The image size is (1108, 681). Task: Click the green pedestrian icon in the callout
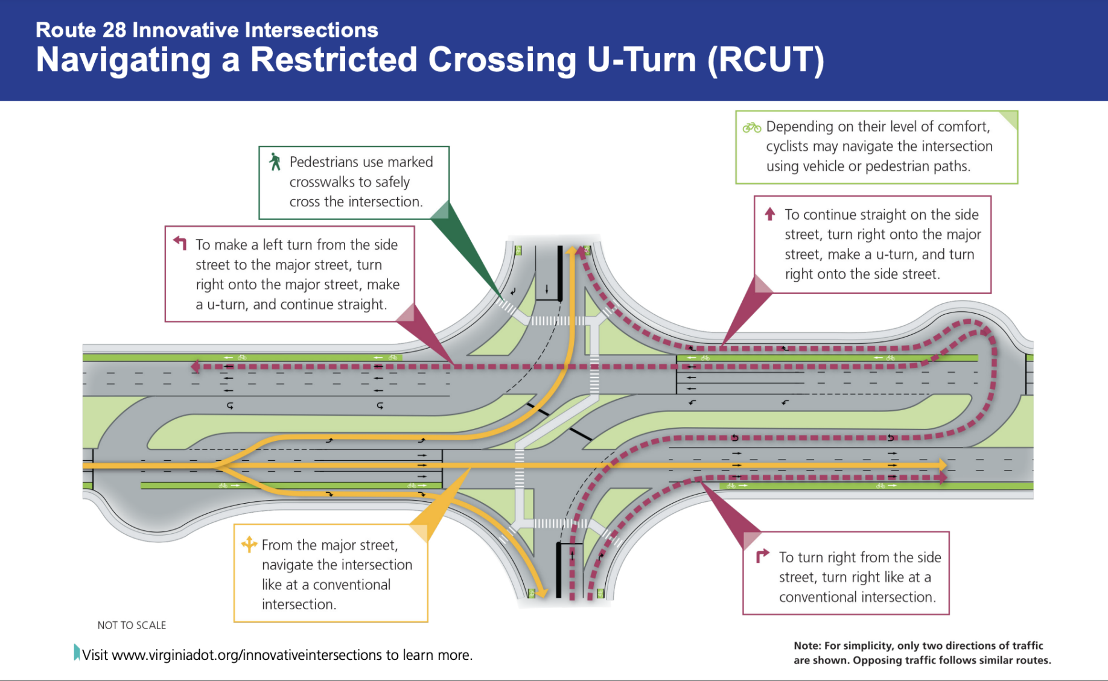[x=275, y=162]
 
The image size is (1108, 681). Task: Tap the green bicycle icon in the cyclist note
[x=751, y=127]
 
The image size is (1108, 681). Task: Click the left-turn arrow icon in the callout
[x=180, y=242]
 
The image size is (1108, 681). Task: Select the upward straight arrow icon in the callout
[x=769, y=214]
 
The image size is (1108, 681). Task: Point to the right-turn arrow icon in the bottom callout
[x=762, y=555]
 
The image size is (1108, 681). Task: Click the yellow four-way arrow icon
[x=249, y=544]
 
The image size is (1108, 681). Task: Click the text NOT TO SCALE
[x=132, y=626]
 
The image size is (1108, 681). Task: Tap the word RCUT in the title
[x=766, y=60]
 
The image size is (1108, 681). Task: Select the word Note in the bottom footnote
[x=807, y=645]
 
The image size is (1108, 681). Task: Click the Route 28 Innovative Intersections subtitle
[x=207, y=30]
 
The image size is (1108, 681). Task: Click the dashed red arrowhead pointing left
[x=196, y=366]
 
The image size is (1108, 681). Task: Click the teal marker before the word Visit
[x=77, y=652]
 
